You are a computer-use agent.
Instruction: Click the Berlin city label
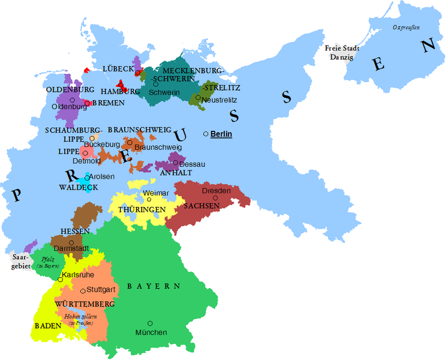(x=221, y=134)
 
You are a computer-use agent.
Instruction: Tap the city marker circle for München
(x=150, y=323)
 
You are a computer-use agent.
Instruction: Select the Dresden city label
(x=216, y=190)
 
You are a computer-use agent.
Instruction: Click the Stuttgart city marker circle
(x=83, y=291)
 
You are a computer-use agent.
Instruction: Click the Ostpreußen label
(x=406, y=27)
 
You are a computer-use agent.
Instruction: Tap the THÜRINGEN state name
(x=141, y=209)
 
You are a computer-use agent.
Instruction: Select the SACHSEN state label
(x=202, y=205)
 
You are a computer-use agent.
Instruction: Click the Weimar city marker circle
(x=149, y=199)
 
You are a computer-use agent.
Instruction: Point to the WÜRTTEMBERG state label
(x=85, y=304)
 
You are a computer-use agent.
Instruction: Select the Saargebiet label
(x=20, y=262)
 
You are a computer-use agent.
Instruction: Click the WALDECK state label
(x=78, y=187)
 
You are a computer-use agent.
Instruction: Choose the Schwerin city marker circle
(x=155, y=84)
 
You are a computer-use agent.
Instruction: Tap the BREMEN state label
(x=108, y=103)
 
